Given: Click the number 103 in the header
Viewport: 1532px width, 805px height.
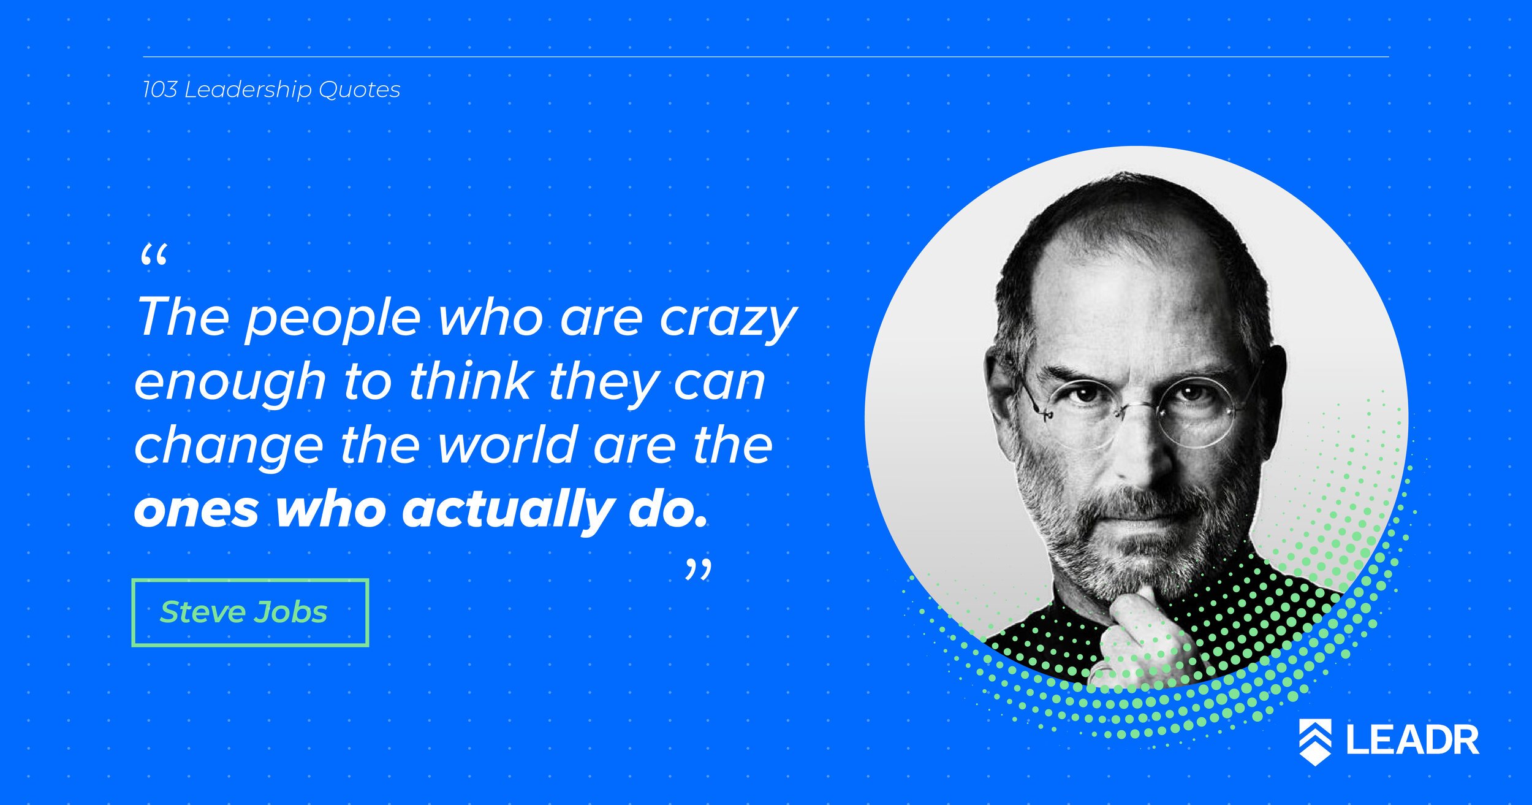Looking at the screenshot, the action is coord(160,90).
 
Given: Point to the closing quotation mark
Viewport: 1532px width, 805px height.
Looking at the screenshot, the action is coord(698,570).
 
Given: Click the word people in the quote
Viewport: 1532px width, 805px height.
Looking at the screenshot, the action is coord(333,319).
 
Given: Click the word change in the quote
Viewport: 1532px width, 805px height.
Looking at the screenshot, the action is coord(229,447).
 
